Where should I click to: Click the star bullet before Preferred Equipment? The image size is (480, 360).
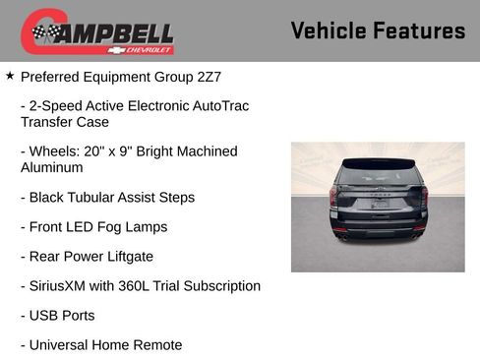pos(10,75)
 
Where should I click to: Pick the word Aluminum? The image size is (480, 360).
pos(53,168)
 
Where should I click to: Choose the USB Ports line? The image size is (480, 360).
pos(62,316)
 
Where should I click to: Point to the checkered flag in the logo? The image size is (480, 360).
pos(44,33)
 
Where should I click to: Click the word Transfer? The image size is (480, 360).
pos(47,122)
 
